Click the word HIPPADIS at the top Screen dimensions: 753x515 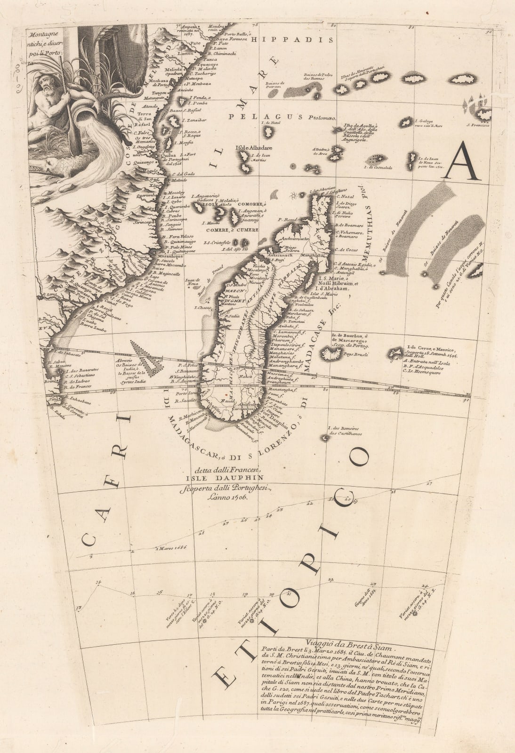point(292,40)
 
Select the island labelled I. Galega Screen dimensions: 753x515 point(405,122)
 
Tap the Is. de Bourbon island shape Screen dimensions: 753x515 point(325,352)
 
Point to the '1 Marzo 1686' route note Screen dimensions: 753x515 point(172,547)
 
